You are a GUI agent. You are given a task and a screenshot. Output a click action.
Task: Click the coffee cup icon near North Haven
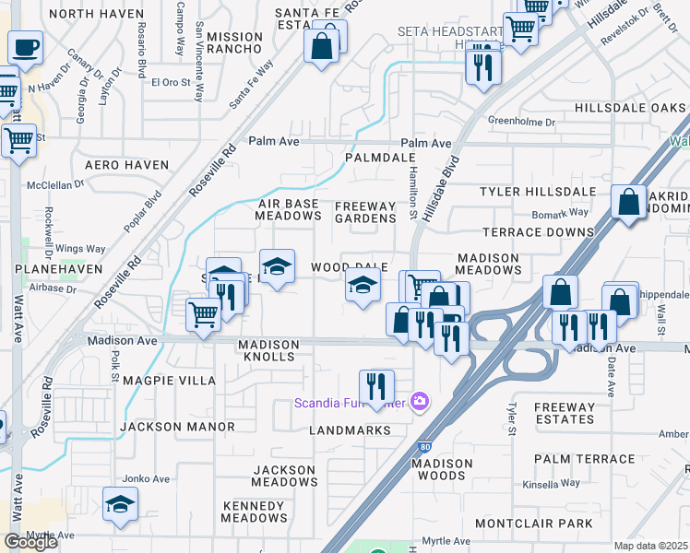25,46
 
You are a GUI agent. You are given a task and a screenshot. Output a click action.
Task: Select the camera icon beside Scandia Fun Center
420,401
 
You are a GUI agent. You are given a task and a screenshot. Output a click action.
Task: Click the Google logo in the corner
30,542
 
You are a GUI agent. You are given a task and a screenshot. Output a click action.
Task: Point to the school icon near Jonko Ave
120,504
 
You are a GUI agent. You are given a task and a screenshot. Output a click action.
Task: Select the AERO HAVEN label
127,165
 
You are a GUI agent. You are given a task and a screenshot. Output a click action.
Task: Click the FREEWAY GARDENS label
364,212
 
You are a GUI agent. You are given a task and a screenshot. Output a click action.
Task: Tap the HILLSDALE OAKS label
630,108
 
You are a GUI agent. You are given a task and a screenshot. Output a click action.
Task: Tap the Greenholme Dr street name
521,122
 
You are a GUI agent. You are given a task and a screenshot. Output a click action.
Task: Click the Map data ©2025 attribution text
651,546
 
